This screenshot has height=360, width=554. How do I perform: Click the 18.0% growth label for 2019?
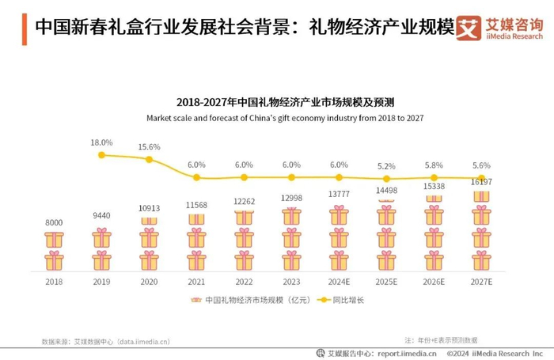click(101, 142)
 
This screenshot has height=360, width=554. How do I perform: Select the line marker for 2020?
click(149, 159)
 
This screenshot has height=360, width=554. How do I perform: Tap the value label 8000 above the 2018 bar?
click(54, 223)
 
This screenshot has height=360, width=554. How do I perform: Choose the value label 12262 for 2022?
click(244, 201)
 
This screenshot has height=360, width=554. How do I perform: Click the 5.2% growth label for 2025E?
click(386, 167)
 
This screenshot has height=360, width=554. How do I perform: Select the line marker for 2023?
click(291, 177)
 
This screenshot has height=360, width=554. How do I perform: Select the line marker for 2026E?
click(434, 178)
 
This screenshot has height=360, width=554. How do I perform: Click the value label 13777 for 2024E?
click(339, 195)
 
